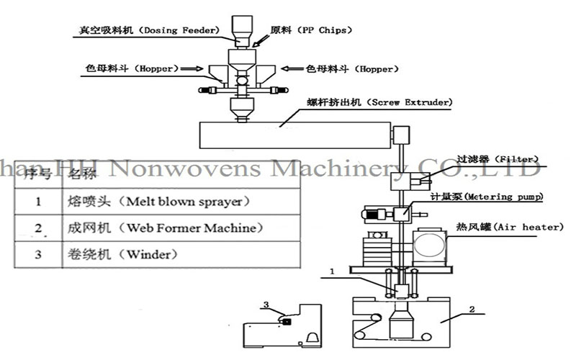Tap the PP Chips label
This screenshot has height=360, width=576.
(306, 31)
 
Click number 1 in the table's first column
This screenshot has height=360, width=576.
(37, 202)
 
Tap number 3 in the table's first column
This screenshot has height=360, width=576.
(37, 254)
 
